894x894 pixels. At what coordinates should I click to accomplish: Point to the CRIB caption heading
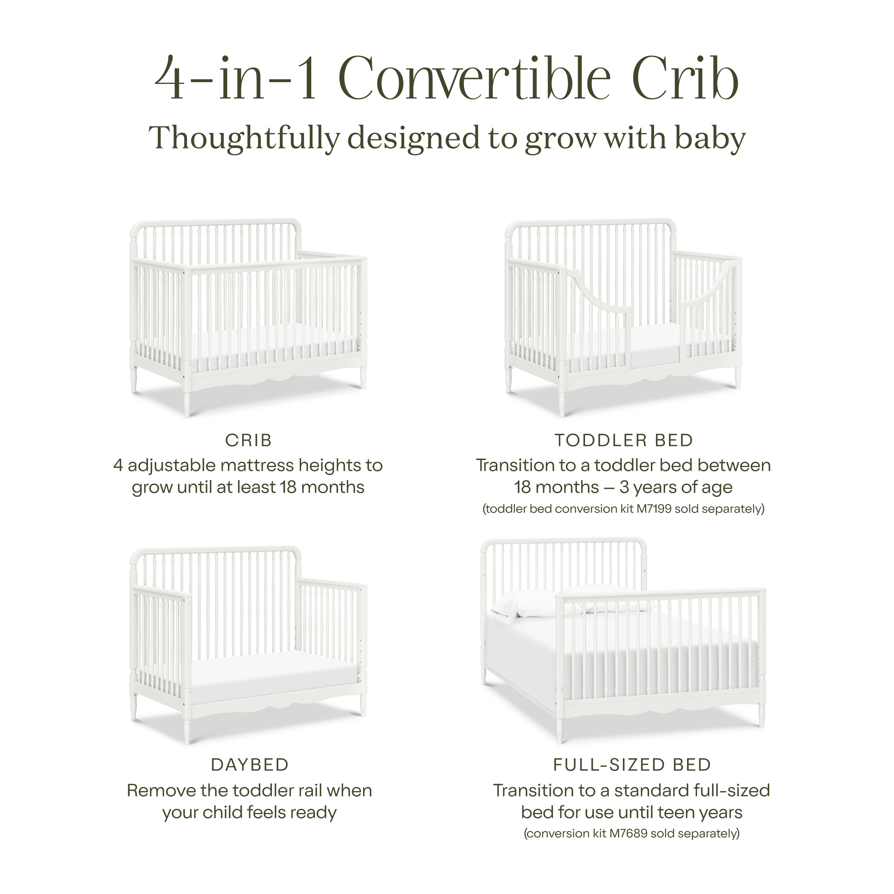[x=248, y=441]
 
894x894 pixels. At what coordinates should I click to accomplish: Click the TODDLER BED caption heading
[x=624, y=441]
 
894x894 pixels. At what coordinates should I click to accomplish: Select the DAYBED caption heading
[x=250, y=765]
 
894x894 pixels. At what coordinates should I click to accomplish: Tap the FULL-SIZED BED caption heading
[x=632, y=765]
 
